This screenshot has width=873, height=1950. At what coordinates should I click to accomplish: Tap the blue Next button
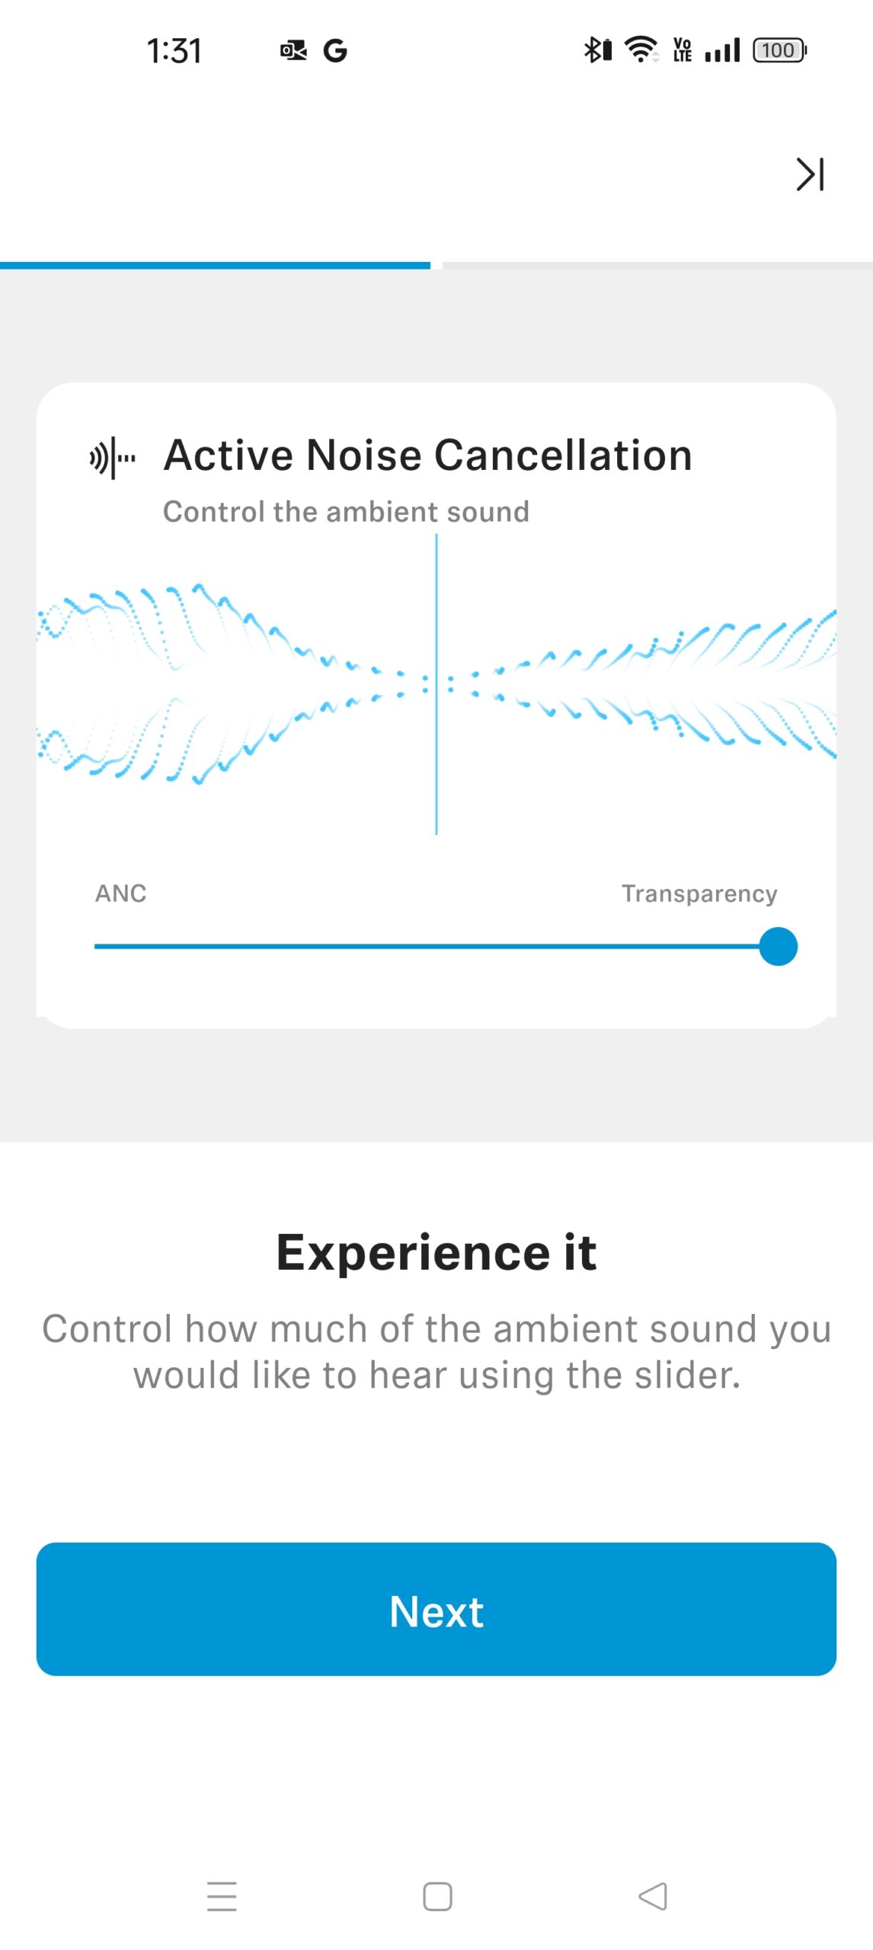(437, 1610)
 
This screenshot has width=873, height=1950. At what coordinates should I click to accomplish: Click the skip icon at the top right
(810, 174)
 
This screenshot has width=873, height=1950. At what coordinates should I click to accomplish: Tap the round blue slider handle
(778, 946)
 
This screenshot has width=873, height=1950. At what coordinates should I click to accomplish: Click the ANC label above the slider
(120, 893)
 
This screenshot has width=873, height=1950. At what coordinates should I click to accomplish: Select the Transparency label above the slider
(699, 893)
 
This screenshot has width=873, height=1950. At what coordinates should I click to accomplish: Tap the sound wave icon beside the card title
(113, 458)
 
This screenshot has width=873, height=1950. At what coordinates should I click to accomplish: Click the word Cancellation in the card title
(563, 456)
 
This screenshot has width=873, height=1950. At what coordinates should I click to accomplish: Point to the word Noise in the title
(363, 456)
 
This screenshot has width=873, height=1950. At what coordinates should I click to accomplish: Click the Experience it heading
(437, 1252)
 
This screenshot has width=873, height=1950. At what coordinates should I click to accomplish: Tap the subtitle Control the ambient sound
(346, 512)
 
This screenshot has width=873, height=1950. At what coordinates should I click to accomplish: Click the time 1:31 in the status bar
(174, 51)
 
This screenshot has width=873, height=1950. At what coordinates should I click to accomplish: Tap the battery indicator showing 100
(779, 50)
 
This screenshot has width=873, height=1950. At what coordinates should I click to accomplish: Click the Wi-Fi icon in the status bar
(641, 50)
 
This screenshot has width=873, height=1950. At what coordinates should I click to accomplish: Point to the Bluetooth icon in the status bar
(597, 50)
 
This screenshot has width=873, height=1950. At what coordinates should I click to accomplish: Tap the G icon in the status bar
(335, 51)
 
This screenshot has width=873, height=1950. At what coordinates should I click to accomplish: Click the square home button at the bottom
(437, 1896)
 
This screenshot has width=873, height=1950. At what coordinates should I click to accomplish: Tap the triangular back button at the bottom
(653, 1896)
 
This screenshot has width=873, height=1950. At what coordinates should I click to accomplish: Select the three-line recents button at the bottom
(222, 1896)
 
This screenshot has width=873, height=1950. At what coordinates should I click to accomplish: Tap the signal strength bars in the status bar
(722, 50)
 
